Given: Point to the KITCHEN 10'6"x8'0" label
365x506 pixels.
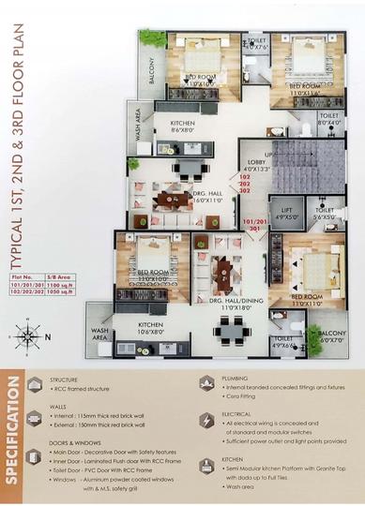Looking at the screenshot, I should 151,328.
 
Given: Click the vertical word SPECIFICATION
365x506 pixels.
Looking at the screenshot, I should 14,432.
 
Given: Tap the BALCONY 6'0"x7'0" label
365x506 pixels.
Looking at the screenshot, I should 333,336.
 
